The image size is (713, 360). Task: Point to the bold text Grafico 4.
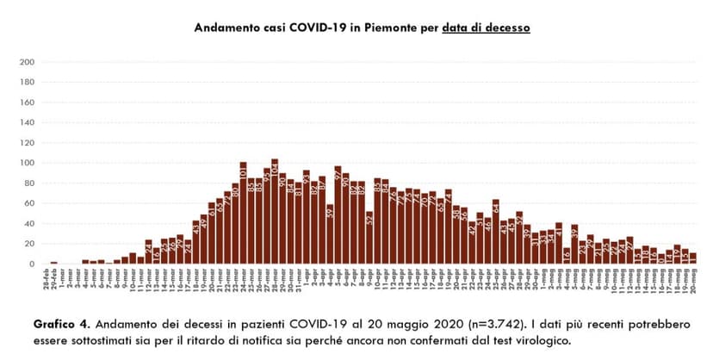point(63,325)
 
